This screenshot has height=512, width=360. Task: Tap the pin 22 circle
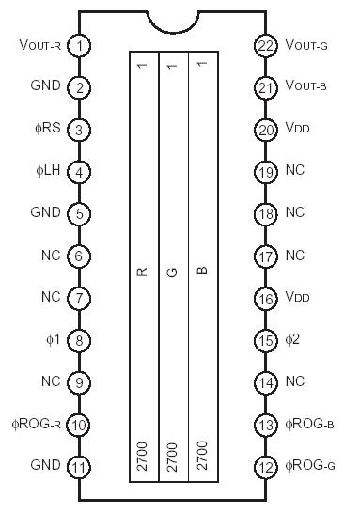point(265,45)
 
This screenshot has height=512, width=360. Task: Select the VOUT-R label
point(39,44)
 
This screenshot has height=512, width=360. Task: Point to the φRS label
point(46,130)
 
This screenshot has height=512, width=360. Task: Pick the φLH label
point(46,172)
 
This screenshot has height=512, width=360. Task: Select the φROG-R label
point(36,425)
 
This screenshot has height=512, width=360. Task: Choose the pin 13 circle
point(265,425)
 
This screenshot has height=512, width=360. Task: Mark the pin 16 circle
point(265,298)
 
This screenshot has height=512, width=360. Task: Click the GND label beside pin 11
point(45,465)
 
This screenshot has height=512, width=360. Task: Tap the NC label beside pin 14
point(295,381)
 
